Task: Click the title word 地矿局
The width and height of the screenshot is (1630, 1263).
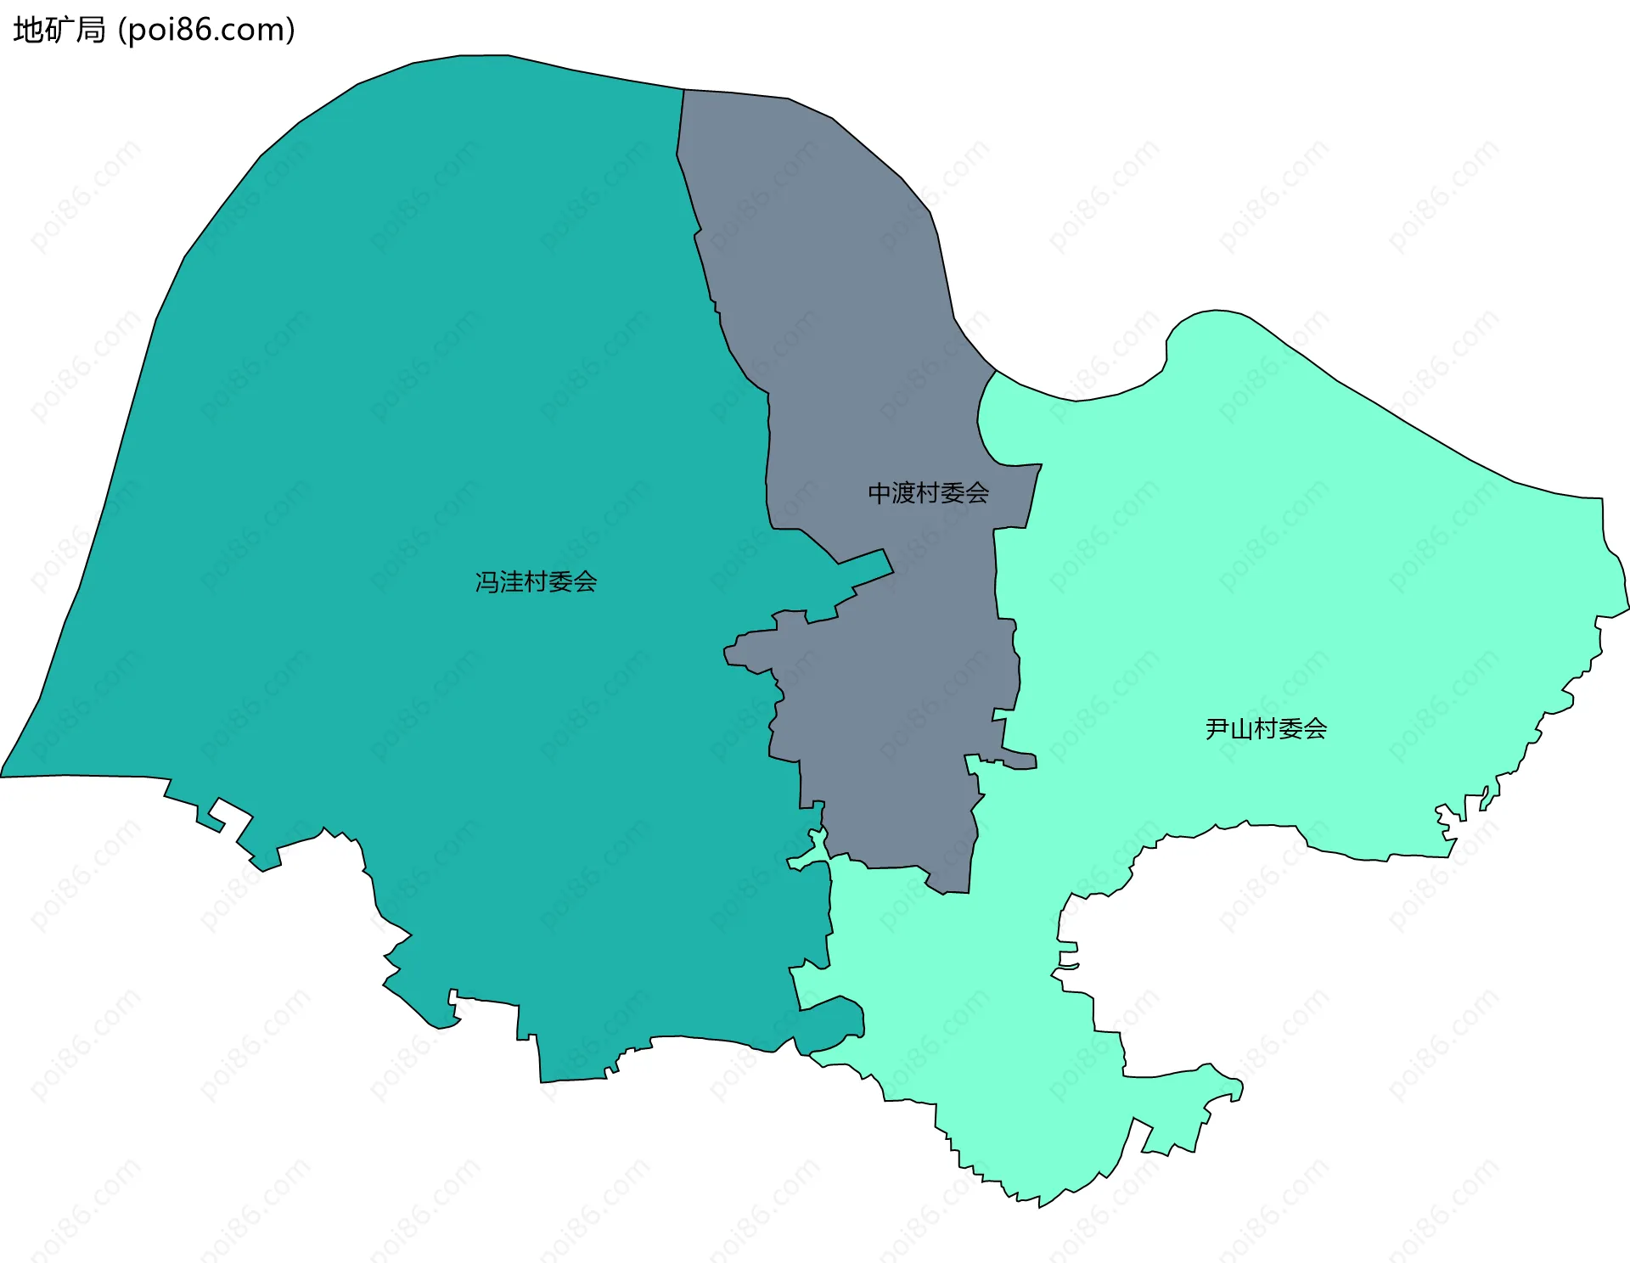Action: tap(59, 31)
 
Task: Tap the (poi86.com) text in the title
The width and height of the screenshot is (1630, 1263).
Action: tap(206, 31)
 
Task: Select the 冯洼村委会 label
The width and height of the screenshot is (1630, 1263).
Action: tap(536, 582)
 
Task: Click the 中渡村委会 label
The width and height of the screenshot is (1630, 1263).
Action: tap(928, 493)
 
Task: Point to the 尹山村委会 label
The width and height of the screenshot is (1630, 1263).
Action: tap(1266, 729)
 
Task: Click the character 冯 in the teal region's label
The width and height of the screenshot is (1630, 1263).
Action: tap(487, 582)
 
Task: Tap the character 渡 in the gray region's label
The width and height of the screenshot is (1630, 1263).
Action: tap(904, 493)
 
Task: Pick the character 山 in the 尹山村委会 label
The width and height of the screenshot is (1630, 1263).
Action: tap(1242, 729)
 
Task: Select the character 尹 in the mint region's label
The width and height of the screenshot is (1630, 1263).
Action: tap(1217, 729)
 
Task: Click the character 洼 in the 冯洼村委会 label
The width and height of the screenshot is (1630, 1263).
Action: tap(512, 582)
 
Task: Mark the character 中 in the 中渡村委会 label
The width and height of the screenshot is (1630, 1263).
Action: tap(880, 493)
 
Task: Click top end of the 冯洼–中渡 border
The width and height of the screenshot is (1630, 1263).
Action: tap(684, 90)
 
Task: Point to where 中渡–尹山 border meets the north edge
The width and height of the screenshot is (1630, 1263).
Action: tap(995, 371)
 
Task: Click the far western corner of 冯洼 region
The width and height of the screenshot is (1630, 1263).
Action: tap(3, 775)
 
